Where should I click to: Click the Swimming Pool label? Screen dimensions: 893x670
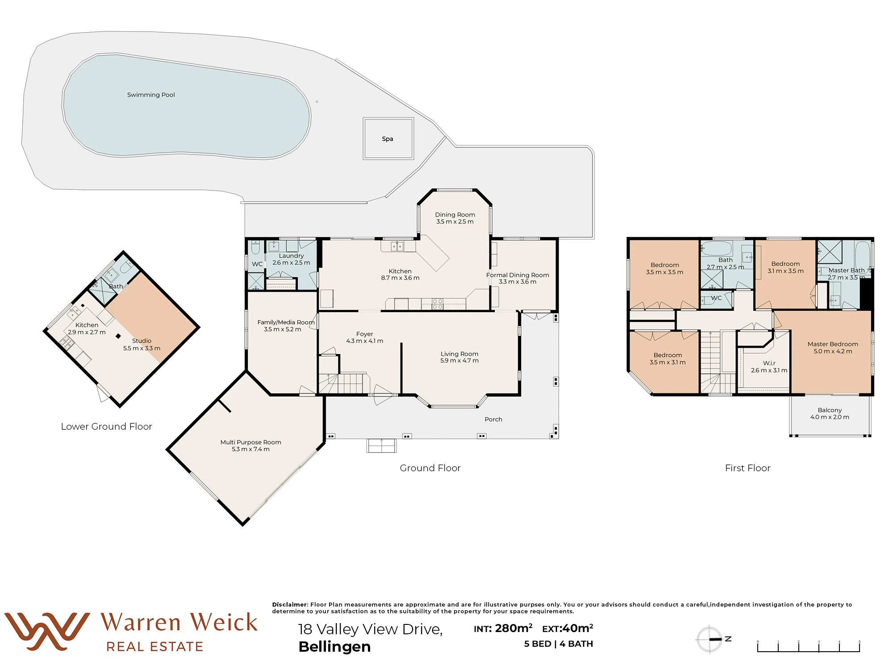click(x=151, y=95)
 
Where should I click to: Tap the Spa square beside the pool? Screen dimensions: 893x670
click(x=388, y=138)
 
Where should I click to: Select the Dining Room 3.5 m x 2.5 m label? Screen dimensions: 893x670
click(x=455, y=218)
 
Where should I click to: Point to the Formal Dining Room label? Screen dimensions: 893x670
click(x=517, y=275)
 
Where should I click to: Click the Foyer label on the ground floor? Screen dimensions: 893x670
click(x=365, y=334)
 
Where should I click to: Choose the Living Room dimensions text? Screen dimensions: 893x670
click(x=459, y=360)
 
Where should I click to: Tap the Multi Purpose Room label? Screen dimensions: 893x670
click(x=250, y=442)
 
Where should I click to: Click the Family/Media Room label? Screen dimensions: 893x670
click(x=286, y=322)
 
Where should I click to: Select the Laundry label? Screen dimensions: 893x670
click(x=291, y=256)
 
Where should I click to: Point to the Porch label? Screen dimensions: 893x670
click(x=493, y=419)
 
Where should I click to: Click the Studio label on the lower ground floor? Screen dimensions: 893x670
click(x=142, y=341)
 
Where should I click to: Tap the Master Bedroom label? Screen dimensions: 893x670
click(x=833, y=344)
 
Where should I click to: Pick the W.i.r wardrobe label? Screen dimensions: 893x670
click(x=769, y=363)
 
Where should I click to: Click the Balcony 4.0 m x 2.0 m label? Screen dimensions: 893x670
click(x=830, y=414)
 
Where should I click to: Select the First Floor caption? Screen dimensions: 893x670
click(x=748, y=468)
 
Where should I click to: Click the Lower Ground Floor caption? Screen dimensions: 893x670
click(x=106, y=427)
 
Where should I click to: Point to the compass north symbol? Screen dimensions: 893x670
click(x=713, y=639)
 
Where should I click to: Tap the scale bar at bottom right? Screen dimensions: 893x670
click(x=809, y=646)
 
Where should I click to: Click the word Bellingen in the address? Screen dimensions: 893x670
click(x=334, y=647)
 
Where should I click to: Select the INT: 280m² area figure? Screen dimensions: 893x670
click(x=503, y=628)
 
